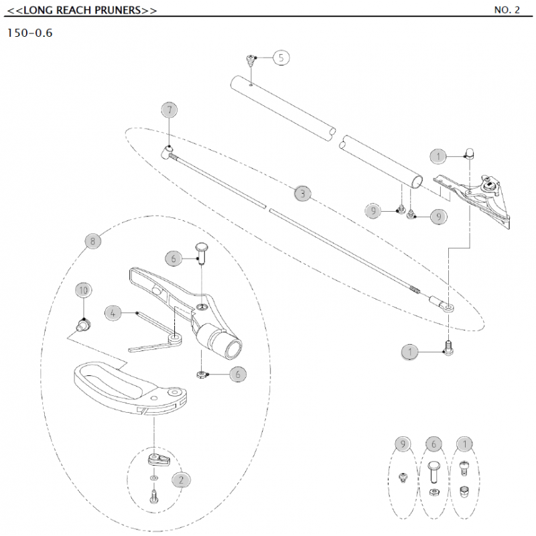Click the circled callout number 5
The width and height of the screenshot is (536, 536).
(281, 58)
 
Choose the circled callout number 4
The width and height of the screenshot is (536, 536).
(113, 312)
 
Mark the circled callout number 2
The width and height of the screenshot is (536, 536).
(181, 479)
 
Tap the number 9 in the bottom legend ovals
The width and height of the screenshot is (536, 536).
(402, 444)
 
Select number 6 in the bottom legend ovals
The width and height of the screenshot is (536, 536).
(433, 444)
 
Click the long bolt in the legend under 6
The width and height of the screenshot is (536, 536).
(433, 472)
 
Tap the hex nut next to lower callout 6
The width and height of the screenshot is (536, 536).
(202, 373)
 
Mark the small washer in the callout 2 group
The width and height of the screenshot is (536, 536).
(155, 479)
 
